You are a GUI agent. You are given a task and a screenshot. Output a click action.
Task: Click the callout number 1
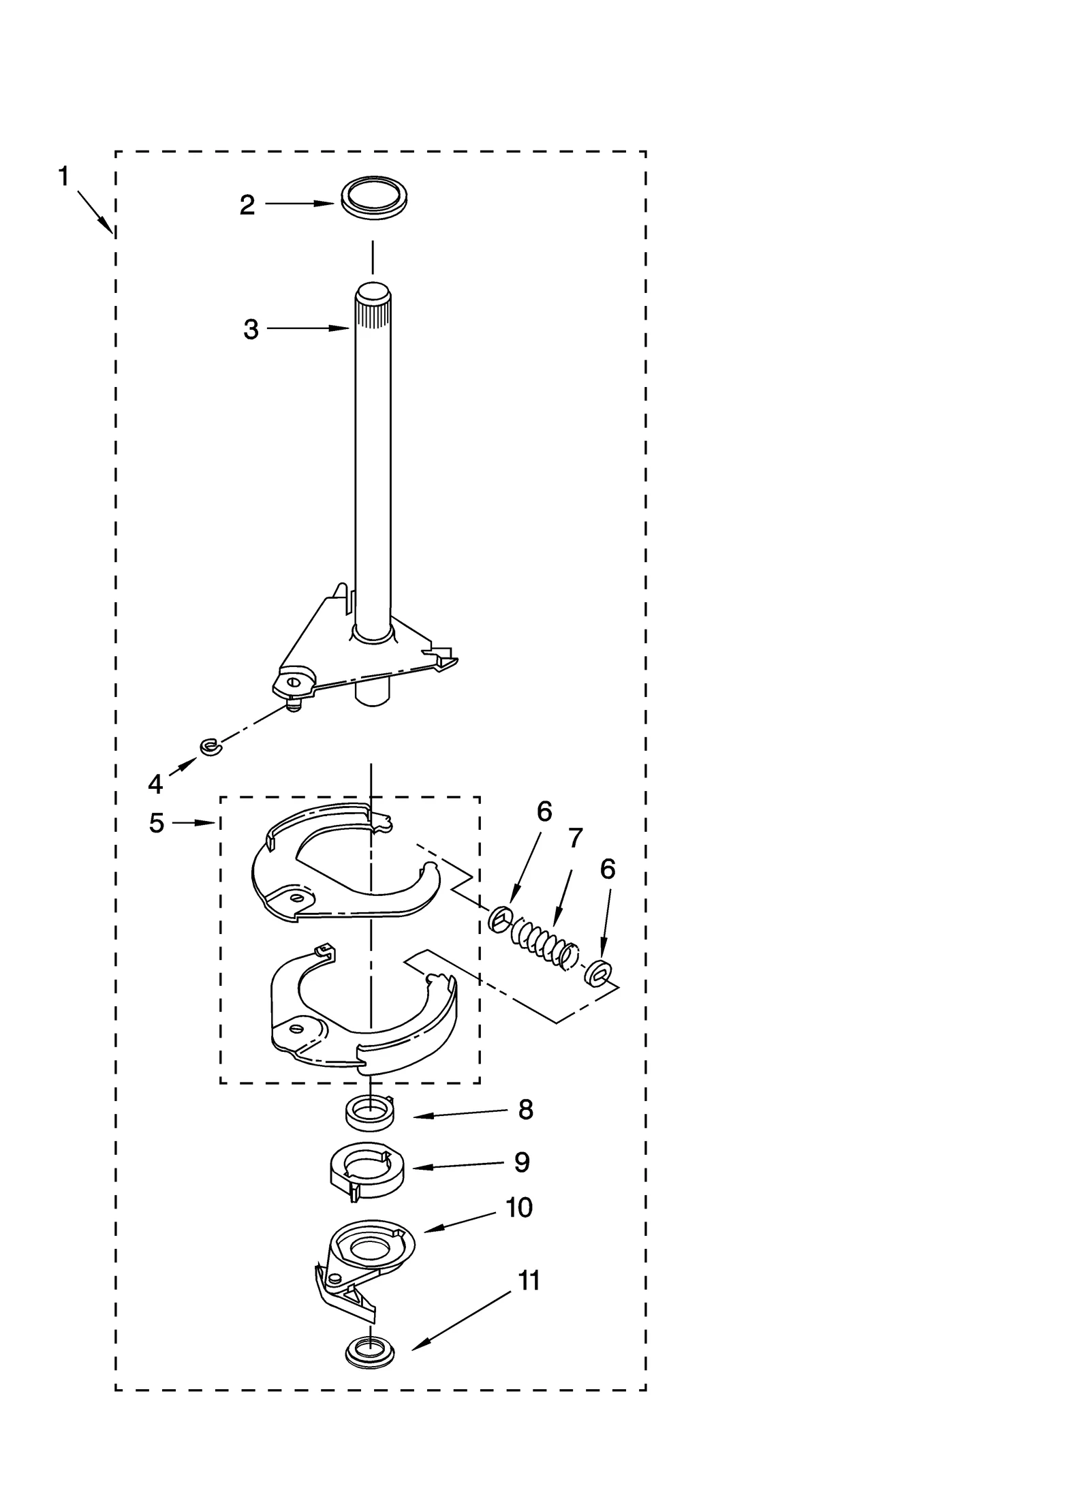pos(63,177)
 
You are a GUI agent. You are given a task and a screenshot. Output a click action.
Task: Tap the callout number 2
pos(247,204)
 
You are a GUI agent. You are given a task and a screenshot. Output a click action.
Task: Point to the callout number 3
pos(251,330)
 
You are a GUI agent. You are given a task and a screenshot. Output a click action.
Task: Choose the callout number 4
pos(155,784)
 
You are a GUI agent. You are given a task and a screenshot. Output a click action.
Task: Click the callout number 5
pos(157,823)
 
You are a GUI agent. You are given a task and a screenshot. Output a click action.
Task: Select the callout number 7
pos(576,838)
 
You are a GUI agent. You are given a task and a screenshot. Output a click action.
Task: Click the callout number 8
pos(525,1110)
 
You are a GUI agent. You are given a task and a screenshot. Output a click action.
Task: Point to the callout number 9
pos(522,1162)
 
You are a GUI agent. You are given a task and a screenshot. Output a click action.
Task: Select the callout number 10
pos(518,1208)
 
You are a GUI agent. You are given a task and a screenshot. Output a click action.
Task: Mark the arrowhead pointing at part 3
pos(345,328)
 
